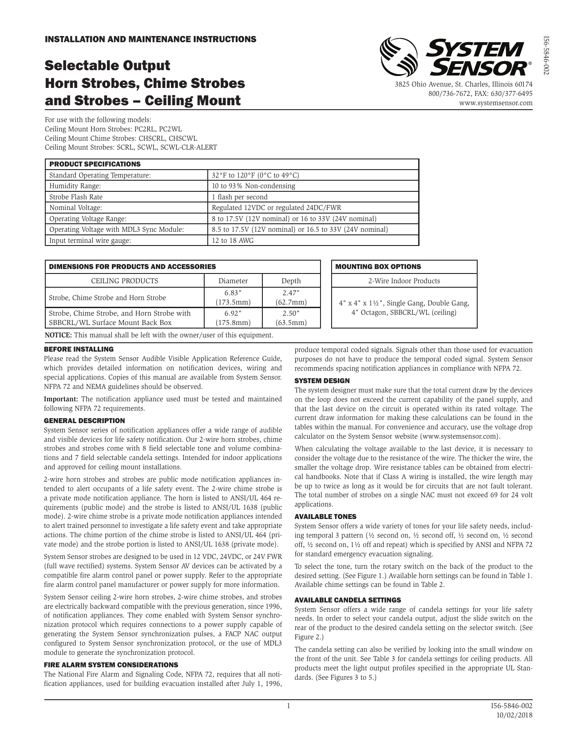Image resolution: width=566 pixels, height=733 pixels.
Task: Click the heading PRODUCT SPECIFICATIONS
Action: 95,164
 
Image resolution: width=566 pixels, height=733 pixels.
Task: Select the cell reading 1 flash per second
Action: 240,197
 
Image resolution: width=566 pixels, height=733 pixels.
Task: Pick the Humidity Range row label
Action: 75,186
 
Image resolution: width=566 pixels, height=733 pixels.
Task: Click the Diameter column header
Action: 233,281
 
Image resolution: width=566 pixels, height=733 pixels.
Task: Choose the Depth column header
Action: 291,281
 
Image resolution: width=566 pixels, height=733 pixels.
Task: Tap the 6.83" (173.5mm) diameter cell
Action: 233,297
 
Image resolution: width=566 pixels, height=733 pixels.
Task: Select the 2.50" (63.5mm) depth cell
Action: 291,318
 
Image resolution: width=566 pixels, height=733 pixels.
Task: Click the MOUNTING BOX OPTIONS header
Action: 378,267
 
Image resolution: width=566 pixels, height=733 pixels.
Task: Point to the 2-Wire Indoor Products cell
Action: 404,281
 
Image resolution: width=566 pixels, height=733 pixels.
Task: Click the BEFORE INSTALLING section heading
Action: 79,349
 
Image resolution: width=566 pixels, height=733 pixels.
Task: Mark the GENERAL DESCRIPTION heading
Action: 84,420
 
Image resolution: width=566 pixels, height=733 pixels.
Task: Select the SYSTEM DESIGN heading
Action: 322,381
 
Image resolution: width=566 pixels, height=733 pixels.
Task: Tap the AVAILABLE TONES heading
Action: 325,517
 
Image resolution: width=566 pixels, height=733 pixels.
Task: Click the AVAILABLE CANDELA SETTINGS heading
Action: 348,600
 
